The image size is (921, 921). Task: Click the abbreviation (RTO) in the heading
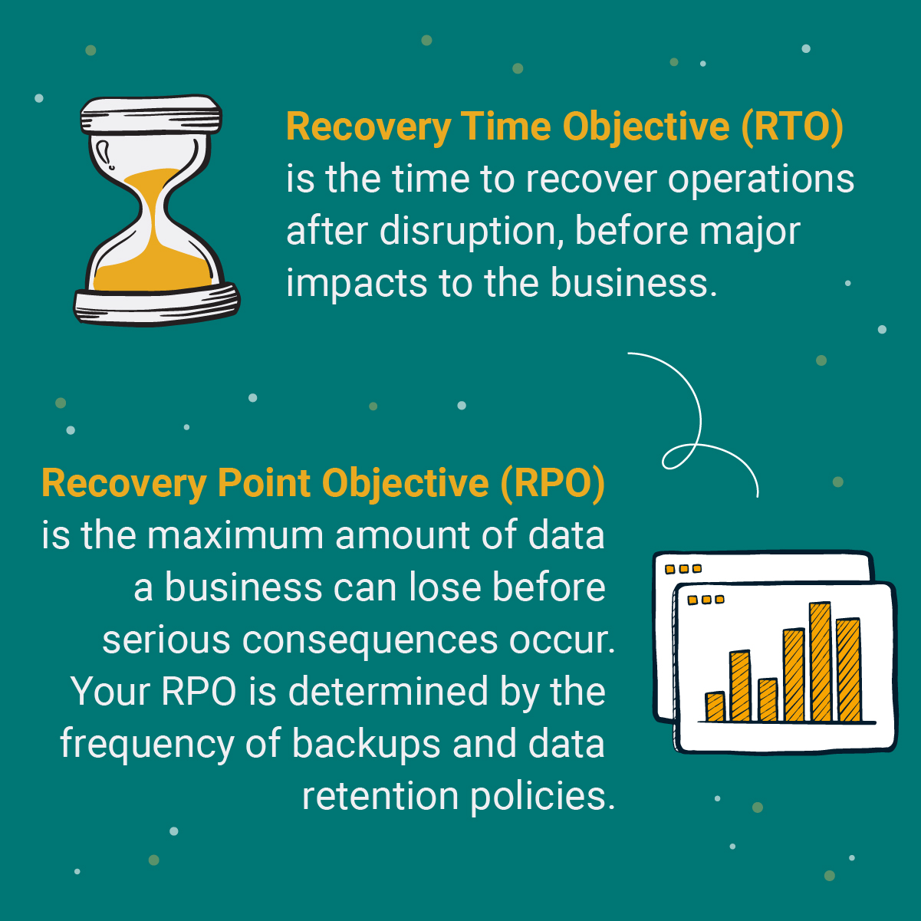tap(793, 127)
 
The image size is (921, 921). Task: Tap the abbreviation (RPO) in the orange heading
tap(553, 483)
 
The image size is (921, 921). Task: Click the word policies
tap(542, 796)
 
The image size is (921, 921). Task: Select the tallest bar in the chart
tap(820, 662)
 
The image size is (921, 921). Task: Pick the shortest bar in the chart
tap(715, 706)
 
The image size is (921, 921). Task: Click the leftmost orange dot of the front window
tap(692, 600)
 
